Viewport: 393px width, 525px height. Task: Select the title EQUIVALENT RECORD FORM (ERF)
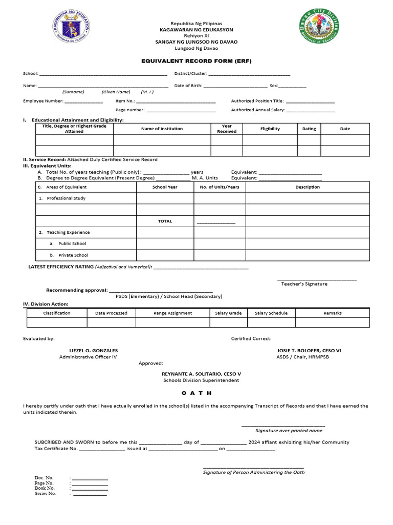coord(196,61)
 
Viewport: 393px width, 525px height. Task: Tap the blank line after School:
coord(103,74)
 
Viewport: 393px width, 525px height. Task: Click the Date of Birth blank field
coord(235,86)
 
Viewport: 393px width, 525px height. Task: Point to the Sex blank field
coord(292,86)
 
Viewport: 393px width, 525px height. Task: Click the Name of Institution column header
coord(162,129)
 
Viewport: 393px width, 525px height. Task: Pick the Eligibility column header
coord(270,129)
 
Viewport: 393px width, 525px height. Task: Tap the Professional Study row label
coord(66,198)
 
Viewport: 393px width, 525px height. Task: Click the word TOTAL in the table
coord(165,221)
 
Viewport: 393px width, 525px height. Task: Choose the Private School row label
coord(73,255)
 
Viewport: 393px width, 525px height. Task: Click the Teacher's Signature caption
coord(304,284)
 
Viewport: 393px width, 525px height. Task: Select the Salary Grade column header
coord(228,313)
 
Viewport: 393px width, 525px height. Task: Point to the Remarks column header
coord(332,313)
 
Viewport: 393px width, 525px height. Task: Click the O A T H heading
coord(196,393)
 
